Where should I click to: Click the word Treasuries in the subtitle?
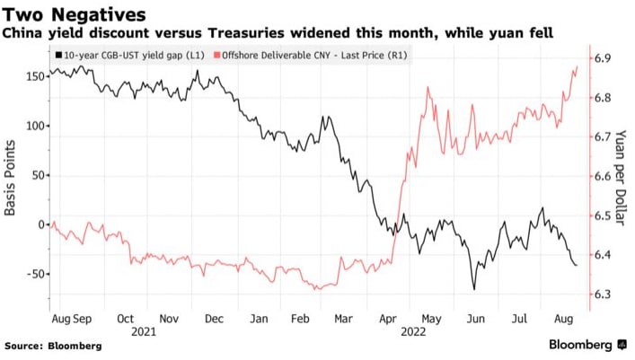[242, 33]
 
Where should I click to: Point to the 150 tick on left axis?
[35, 76]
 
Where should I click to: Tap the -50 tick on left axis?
[33, 273]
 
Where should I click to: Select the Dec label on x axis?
[214, 318]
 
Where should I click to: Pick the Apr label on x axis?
[387, 318]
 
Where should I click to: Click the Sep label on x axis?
[81, 318]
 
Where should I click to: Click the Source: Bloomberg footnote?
[53, 346]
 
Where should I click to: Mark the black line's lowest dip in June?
[473, 289]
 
